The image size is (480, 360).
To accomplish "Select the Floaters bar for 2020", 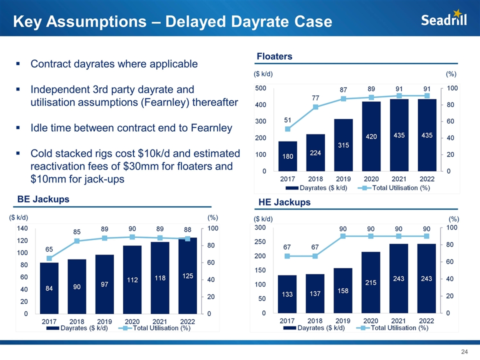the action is (x=371, y=136).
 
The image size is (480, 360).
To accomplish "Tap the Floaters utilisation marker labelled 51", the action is (x=287, y=129).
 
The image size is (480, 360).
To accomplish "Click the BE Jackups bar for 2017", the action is (x=49, y=288).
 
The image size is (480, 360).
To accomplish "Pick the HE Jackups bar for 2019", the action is (x=343, y=290).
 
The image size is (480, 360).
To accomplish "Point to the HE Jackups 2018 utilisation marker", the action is (x=315, y=256).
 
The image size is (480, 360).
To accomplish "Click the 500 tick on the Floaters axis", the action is (x=260, y=88).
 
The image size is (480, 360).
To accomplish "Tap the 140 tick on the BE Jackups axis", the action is (x=22, y=228).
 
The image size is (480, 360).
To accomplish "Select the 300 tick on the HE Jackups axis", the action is (x=260, y=227).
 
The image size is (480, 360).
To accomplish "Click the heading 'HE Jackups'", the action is (x=284, y=202).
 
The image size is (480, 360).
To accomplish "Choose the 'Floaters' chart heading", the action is (x=274, y=56).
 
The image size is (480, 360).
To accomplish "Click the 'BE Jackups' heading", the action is (x=43, y=199).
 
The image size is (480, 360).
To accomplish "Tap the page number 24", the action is (x=464, y=351).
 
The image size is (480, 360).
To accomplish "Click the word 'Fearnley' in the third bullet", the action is (x=211, y=128).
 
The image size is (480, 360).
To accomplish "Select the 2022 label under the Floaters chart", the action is (x=426, y=179).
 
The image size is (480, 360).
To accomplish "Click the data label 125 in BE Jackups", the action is (x=187, y=276).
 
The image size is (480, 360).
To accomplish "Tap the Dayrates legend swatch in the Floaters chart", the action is (x=292, y=188).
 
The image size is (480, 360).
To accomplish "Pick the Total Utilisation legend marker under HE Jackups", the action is (x=363, y=328).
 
